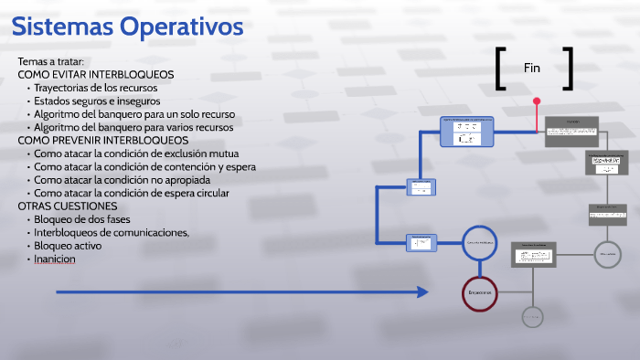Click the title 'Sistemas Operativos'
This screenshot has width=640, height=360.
127,26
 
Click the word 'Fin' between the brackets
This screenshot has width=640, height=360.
532,68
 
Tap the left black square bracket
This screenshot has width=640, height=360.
500,69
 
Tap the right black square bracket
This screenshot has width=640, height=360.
569,69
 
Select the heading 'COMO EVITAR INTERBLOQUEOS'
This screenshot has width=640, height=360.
96,74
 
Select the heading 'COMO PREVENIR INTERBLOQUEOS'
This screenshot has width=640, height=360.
103,141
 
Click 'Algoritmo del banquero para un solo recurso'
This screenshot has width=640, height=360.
134,114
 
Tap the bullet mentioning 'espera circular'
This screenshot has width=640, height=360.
132,193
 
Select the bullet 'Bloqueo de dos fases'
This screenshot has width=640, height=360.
82,219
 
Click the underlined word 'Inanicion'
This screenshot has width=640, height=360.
55,259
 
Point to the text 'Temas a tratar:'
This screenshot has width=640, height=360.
50,61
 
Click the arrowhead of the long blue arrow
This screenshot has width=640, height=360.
422,292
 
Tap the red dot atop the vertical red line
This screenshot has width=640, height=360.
537,101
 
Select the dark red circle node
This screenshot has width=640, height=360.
480,292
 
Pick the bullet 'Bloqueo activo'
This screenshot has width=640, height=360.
68,246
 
